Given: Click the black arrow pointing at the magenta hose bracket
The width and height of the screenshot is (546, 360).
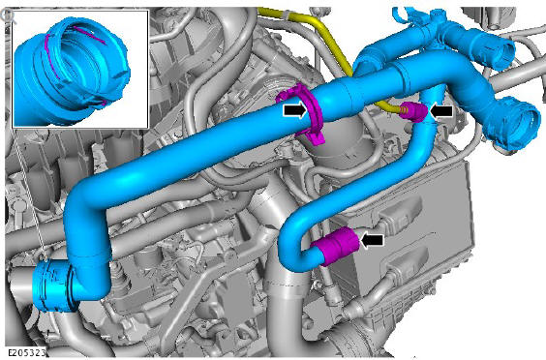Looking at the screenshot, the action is tap(295, 110).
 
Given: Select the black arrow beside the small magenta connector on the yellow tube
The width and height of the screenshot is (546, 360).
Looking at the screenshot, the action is tap(441, 111).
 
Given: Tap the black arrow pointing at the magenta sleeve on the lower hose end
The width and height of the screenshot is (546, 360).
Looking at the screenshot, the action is tap(373, 240).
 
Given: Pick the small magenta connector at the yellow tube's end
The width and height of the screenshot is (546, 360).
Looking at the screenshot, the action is tap(417, 112).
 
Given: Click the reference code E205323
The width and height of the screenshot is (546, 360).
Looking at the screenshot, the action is tap(26, 352).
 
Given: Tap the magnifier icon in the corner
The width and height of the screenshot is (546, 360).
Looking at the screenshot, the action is tap(7, 15).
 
